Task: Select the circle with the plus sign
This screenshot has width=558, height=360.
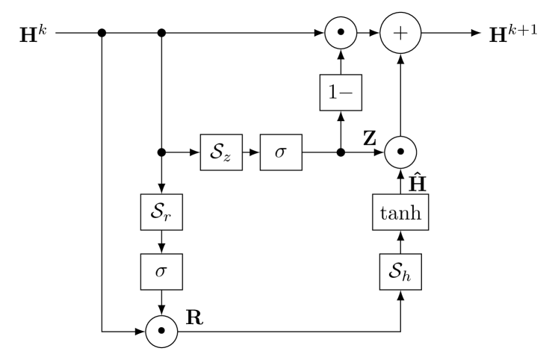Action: (x=401, y=33)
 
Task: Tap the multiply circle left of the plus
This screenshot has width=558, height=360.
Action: (x=341, y=33)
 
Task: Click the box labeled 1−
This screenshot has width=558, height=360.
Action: (x=341, y=92)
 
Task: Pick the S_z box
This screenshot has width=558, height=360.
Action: (x=222, y=152)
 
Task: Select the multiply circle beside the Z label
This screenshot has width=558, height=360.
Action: (x=401, y=152)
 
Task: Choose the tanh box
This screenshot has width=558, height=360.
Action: (x=401, y=215)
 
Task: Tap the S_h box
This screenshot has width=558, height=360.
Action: (x=401, y=270)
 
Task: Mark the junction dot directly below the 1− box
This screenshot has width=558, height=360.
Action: (x=341, y=152)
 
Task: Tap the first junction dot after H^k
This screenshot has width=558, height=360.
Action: (x=102, y=33)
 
